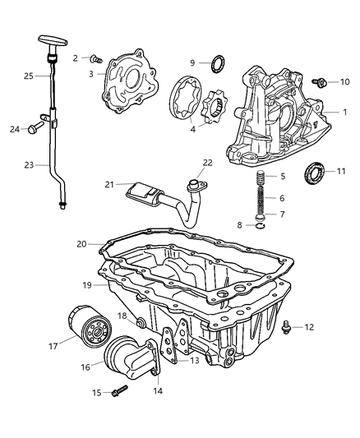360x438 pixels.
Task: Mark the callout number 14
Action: pos(159,391)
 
